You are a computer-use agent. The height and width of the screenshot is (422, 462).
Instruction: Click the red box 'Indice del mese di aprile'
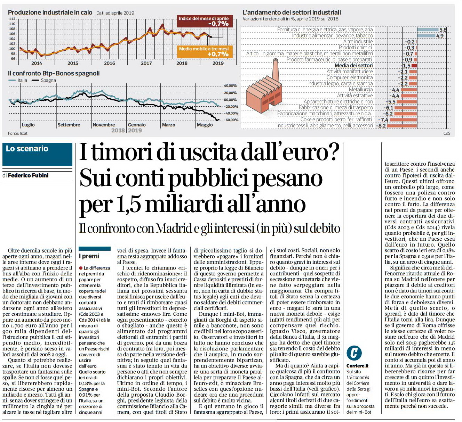coord(205,21)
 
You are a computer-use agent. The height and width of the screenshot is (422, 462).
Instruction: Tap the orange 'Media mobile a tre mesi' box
coord(205,51)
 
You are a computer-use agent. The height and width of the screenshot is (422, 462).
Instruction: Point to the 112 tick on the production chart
coord(12,19)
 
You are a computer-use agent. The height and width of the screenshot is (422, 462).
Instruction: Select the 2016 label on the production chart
coord(109,63)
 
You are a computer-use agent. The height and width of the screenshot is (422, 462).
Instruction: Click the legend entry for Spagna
coord(44,80)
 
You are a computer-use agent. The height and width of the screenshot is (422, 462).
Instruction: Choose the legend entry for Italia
coord(18,80)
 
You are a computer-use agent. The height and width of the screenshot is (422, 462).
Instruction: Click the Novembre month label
coord(104,125)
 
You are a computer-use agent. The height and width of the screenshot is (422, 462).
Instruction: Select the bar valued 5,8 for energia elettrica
coord(428,30)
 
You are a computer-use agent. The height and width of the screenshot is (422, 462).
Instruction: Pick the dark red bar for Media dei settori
coord(414,66)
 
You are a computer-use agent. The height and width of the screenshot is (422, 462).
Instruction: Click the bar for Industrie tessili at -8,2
coord(402,126)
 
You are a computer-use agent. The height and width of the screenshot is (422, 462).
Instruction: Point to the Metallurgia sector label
coord(361,90)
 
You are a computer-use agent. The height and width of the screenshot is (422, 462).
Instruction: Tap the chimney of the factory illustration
coord(276,70)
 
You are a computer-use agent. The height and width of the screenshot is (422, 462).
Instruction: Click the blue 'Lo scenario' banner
coord(37,154)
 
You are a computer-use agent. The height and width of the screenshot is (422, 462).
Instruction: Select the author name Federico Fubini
coord(28,175)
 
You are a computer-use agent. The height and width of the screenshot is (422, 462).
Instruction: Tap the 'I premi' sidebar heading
coord(89,256)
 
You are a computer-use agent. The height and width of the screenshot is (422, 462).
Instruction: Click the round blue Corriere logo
coord(354,353)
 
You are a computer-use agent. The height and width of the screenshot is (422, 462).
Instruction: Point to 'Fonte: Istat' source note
coord(17,133)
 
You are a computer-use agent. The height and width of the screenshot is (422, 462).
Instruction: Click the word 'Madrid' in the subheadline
coord(174,228)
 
